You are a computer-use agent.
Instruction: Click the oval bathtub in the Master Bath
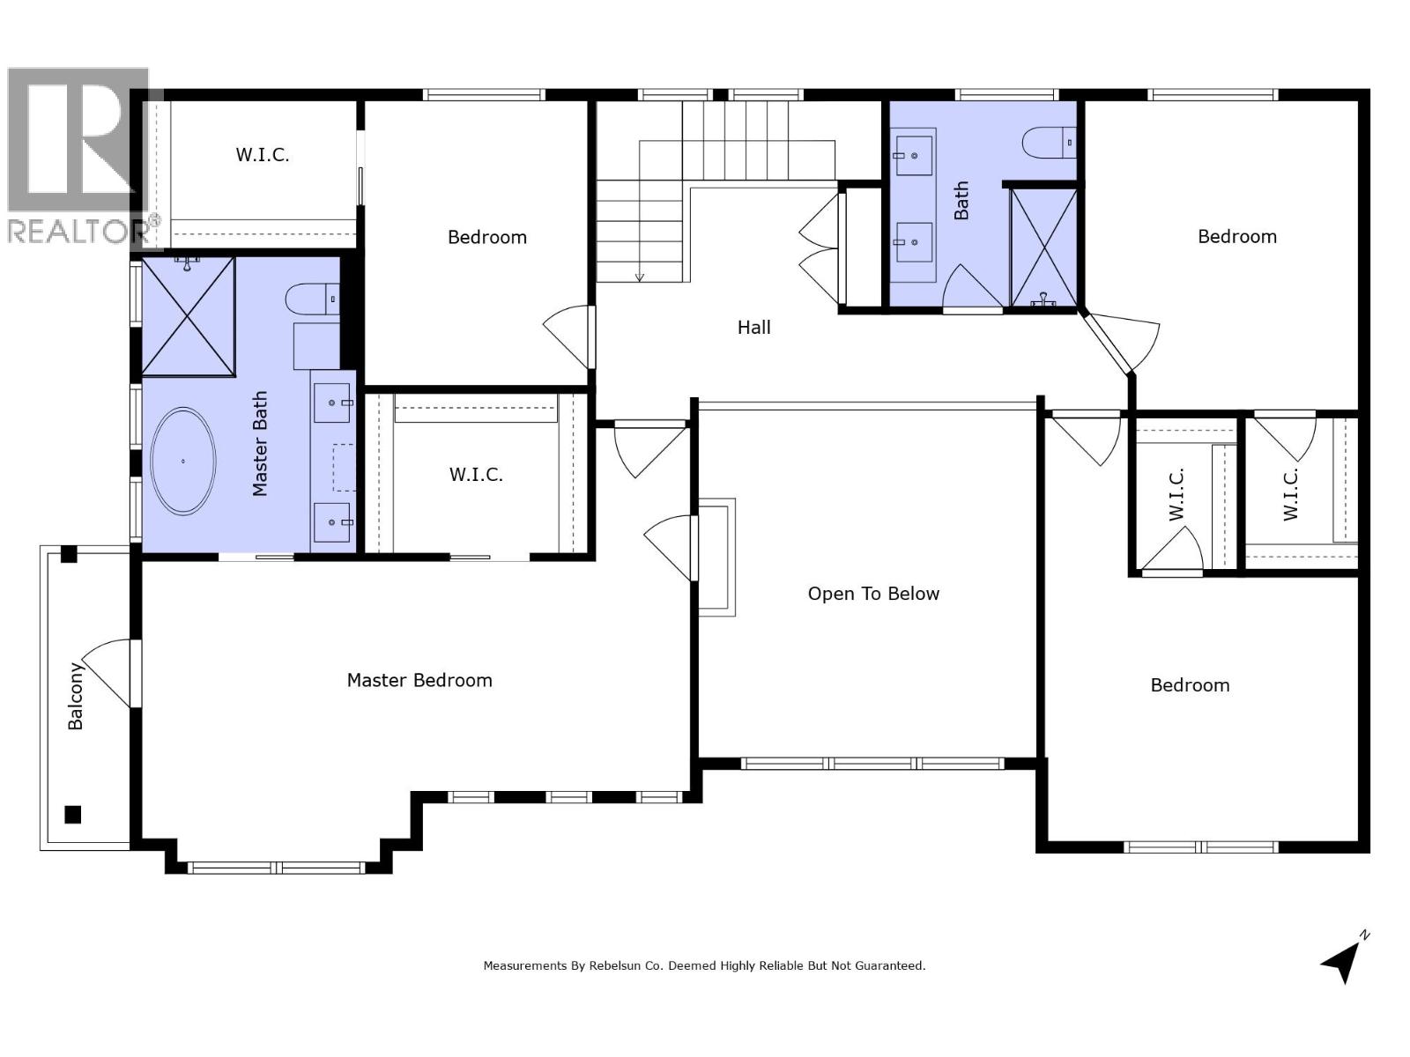coord(183,461)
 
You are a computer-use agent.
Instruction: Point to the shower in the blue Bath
coord(1043,248)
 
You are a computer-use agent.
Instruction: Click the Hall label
coord(753,328)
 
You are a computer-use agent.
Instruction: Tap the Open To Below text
coord(872,594)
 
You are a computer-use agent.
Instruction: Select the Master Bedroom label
coord(419,680)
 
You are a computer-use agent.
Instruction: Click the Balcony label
coord(76,696)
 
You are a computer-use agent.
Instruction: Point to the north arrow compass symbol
coord(1343,960)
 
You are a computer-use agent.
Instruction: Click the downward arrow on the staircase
coord(640,276)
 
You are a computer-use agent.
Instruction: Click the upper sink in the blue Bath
coord(913,155)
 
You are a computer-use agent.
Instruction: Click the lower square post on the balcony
coord(73,814)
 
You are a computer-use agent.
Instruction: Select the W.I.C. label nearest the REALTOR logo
coord(262,155)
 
